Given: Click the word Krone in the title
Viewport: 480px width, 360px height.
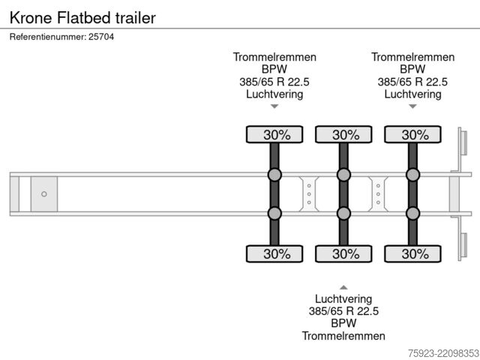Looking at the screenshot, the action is tap(31, 18).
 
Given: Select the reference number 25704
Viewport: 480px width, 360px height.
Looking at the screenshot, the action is tap(101, 37).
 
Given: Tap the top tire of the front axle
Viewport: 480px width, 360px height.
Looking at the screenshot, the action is tap(274, 134).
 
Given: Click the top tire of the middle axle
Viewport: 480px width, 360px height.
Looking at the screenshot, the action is tap(343, 134).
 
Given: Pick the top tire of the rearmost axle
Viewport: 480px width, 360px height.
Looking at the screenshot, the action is tap(412, 134).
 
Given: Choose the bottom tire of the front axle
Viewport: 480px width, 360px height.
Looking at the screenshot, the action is tap(274, 253).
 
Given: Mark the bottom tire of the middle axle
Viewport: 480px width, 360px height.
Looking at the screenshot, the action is tap(343, 253).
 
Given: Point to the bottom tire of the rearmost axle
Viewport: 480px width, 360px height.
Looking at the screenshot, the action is tap(412, 253).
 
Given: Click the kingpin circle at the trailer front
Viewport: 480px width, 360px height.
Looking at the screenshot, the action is tap(44, 194).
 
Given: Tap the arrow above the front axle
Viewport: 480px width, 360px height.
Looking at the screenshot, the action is tap(274, 106).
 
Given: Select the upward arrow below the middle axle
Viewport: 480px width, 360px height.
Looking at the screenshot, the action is tap(343, 287).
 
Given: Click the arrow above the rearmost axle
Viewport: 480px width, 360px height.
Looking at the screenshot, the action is tap(412, 106).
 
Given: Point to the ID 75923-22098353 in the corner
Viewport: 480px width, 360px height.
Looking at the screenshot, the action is tap(443, 353).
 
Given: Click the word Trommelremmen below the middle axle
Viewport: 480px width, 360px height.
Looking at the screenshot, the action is tap(343, 336).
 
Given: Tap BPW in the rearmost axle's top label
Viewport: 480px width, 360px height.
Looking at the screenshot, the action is tap(412, 69).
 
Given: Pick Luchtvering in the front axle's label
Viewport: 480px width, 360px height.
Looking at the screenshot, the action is tap(274, 94).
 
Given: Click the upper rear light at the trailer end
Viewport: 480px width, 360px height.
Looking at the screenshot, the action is tap(464, 142).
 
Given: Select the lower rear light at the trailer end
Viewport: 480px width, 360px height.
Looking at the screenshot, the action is tap(464, 245).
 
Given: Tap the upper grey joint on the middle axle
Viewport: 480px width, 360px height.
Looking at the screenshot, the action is tap(343, 175).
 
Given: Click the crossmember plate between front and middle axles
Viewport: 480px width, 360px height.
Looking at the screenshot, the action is tap(309, 194).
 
